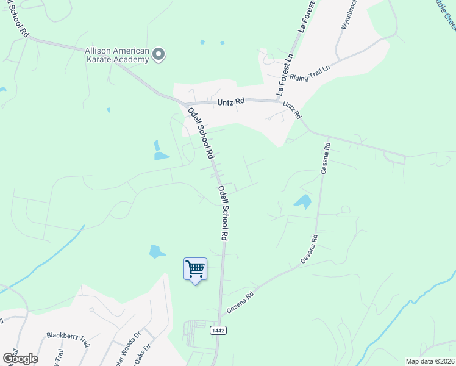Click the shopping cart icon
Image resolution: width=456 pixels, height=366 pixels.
195,268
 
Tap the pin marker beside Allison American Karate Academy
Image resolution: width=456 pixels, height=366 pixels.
159,55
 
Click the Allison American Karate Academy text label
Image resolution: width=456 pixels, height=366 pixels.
117,55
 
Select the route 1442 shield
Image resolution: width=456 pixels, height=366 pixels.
219,330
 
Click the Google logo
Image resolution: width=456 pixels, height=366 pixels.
20,359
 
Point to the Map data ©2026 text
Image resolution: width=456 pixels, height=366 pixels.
430,361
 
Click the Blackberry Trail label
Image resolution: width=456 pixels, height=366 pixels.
68,339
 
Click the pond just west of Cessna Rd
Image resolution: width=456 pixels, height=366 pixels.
302,201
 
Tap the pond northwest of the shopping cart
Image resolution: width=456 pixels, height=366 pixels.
157,251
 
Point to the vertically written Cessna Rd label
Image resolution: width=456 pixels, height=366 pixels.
326,158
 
